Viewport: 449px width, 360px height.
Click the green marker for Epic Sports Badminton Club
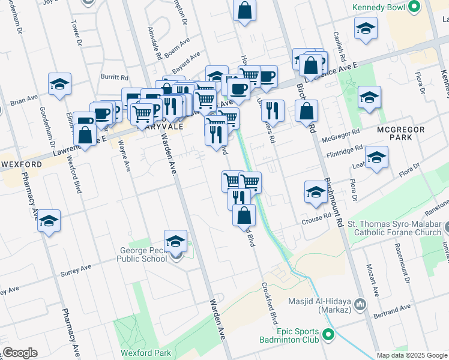click(x=328, y=334)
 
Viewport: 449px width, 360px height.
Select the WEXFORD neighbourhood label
click(x=21, y=164)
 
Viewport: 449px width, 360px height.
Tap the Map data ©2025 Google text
click(x=412, y=355)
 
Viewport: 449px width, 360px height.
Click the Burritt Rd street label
click(x=115, y=77)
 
